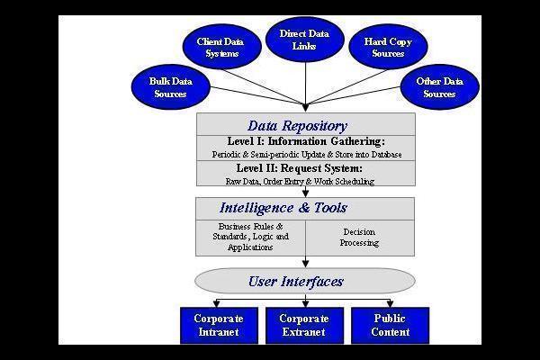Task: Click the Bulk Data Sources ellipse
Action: (x=170, y=86)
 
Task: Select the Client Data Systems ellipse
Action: (x=220, y=47)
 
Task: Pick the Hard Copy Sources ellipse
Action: (x=388, y=47)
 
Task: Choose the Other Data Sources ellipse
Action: (x=439, y=87)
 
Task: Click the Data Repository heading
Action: (x=297, y=126)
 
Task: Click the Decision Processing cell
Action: (x=360, y=237)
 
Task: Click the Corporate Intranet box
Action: (x=220, y=325)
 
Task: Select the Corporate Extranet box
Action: (x=304, y=325)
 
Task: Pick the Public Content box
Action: (x=390, y=325)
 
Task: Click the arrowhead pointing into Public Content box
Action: (x=390, y=304)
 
